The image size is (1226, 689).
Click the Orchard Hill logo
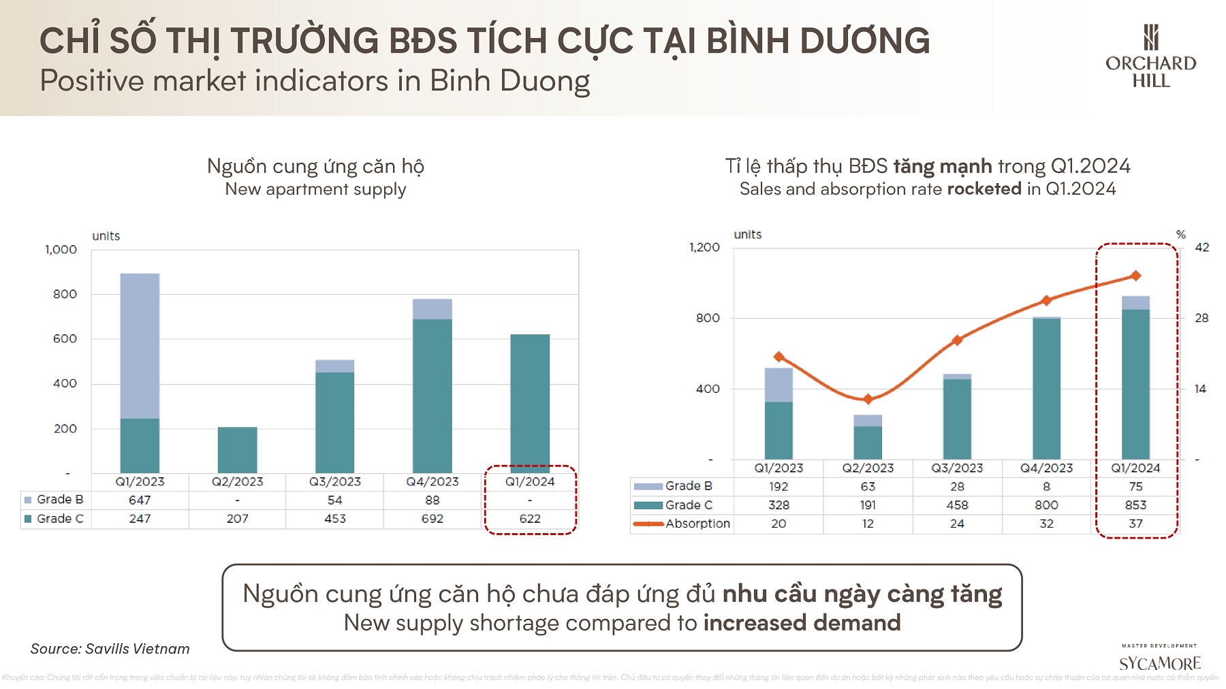[x=1150, y=57]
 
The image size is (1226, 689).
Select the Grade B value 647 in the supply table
[x=140, y=500]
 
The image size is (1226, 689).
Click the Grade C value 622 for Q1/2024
[x=530, y=519]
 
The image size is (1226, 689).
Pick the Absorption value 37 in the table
[x=1135, y=524]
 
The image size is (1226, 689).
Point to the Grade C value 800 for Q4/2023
[x=1046, y=505]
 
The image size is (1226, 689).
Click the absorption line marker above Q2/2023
[x=868, y=399]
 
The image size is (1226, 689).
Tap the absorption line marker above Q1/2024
[x=1135, y=276]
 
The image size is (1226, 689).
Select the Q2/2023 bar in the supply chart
[x=237, y=449]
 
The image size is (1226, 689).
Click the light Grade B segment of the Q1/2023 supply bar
[x=140, y=346]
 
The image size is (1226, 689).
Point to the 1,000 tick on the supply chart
[x=61, y=250]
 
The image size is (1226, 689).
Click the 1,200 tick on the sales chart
[x=704, y=247]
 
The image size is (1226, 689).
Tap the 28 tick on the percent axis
[x=1201, y=318]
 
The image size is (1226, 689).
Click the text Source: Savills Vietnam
[x=110, y=649]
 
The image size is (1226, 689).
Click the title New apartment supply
[x=315, y=189]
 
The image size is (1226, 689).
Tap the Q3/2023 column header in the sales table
[x=957, y=468]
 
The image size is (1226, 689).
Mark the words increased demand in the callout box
[x=802, y=623]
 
